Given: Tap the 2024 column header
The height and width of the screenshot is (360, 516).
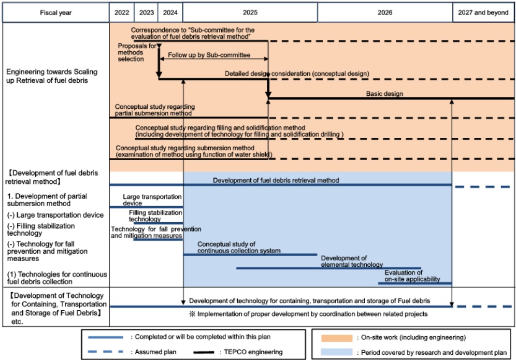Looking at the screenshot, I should coord(171,13).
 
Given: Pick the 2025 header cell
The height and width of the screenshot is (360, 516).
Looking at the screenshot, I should coord(250,13).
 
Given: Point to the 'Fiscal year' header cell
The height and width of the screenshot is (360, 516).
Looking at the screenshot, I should coord(55,13).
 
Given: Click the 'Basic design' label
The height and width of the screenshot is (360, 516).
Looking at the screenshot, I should coord(384,94).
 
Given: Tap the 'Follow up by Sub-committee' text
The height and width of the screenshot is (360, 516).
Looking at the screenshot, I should coord(209,54).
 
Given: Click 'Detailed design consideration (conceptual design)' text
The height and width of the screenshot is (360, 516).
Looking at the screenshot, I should coord(296,74).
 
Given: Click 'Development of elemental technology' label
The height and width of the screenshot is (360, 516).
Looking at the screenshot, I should coord(352,262).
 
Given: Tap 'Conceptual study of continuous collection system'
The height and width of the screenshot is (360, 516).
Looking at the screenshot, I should coord(239,247).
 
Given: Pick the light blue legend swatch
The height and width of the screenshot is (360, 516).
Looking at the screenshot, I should coord(335,352).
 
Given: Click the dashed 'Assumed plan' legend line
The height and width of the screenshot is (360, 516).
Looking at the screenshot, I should coord(106,352).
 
